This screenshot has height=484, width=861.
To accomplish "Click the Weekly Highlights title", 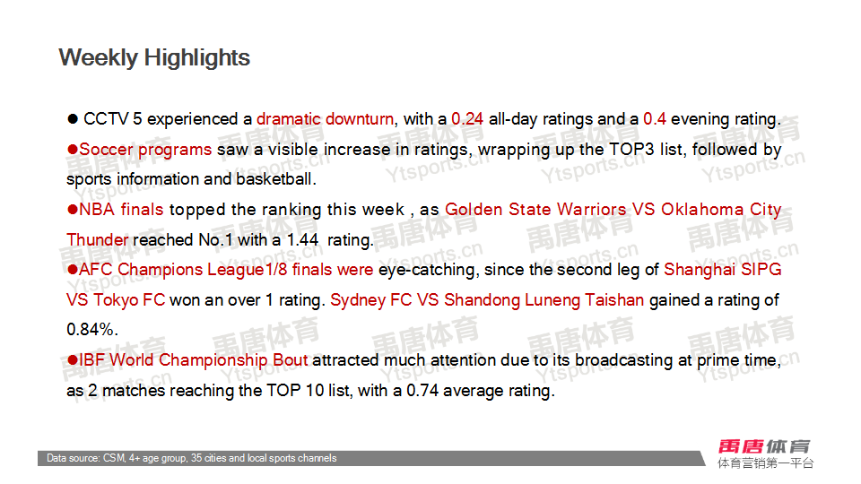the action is click(154, 58).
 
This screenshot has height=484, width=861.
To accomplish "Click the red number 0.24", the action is click(466, 119).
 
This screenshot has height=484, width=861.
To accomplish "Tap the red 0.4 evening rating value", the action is click(654, 119).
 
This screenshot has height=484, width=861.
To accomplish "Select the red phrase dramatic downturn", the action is click(325, 119).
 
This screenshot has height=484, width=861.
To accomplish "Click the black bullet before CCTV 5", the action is click(73, 119).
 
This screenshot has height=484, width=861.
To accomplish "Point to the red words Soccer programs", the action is click(145, 150).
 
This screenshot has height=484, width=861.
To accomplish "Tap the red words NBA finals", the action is click(121, 209).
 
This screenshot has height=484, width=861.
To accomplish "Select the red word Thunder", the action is click(97, 240).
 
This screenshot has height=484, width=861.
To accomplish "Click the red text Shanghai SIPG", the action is click(722, 270).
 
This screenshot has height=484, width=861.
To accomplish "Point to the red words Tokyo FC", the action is click(129, 300).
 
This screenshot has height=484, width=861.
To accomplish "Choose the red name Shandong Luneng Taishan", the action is click(544, 300).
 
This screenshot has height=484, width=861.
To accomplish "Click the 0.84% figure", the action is click(91, 330).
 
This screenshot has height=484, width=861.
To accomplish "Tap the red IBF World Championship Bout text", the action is click(194, 360).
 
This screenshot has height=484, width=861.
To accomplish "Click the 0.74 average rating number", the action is click(422, 391).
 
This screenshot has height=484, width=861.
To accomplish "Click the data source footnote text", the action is click(192, 458).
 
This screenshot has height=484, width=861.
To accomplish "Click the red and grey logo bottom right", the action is click(765, 454).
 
